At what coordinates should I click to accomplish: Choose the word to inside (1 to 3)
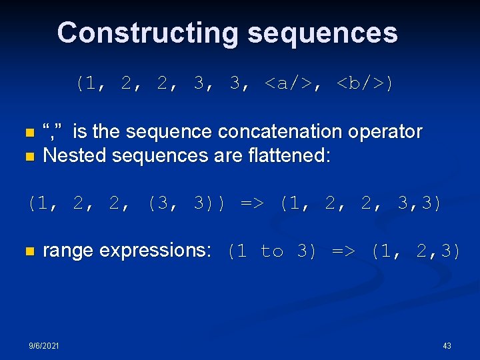272,252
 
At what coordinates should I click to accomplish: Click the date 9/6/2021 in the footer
43,345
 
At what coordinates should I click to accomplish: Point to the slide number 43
447,345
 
